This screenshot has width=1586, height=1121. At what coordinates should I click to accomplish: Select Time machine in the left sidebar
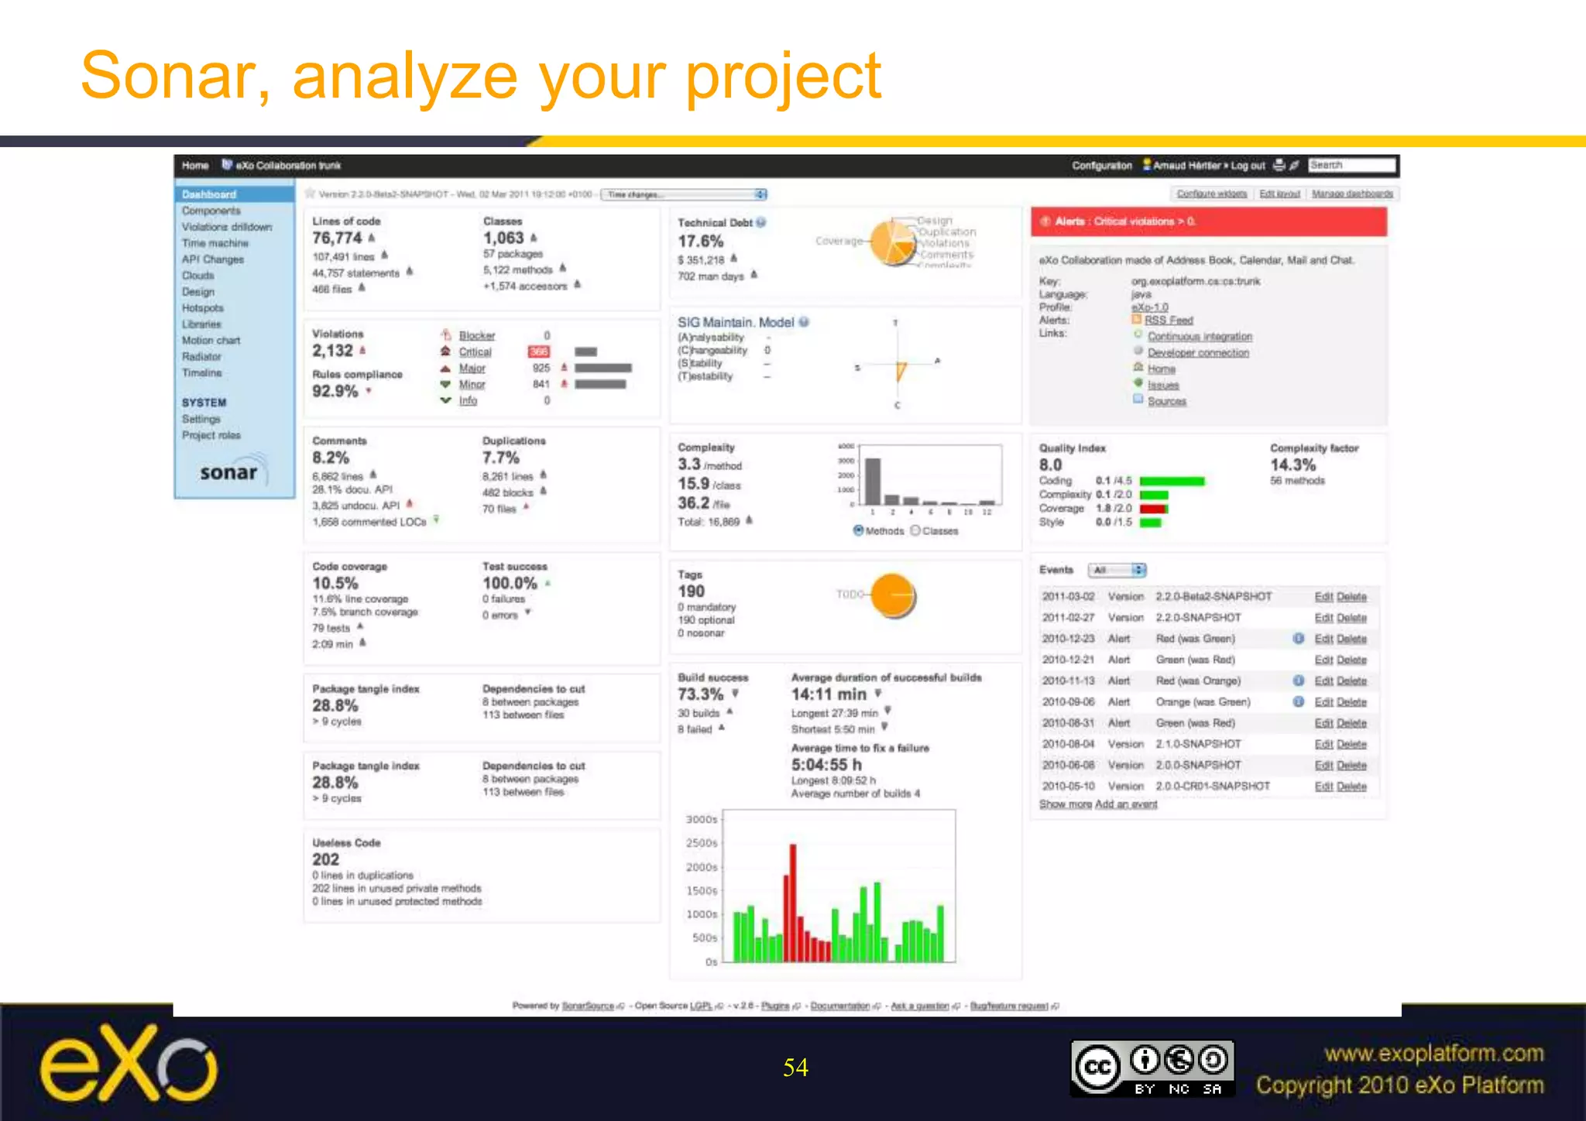pyautogui.click(x=215, y=243)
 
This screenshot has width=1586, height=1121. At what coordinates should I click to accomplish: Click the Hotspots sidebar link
pyautogui.click(x=202, y=308)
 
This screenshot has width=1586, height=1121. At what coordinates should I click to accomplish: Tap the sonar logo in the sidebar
pyautogui.click(x=229, y=472)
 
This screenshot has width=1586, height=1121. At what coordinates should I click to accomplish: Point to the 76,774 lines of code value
pyautogui.click(x=337, y=238)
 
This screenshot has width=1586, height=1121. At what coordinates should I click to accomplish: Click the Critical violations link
pyautogui.click(x=475, y=352)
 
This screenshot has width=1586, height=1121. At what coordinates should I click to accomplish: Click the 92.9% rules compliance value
pyautogui.click(x=335, y=392)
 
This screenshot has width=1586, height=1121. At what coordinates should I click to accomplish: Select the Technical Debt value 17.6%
pyautogui.click(x=700, y=242)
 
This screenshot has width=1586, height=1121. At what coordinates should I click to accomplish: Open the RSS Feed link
pyautogui.click(x=1168, y=321)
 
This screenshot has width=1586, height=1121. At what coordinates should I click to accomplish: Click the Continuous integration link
pyautogui.click(x=1199, y=337)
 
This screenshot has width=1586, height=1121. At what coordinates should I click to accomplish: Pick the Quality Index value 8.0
pyautogui.click(x=1050, y=465)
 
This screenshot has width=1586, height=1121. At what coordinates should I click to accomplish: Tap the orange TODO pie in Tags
pyautogui.click(x=893, y=595)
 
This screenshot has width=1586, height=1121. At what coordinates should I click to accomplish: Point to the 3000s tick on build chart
pyautogui.click(x=702, y=819)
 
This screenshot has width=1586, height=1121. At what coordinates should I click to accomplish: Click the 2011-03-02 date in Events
pyautogui.click(x=1068, y=597)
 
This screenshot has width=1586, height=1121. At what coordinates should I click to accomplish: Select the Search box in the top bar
pyautogui.click(x=1351, y=165)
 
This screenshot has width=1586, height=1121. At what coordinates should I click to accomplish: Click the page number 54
pyautogui.click(x=795, y=1068)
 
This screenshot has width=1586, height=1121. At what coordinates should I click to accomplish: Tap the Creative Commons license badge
pyautogui.click(x=1152, y=1068)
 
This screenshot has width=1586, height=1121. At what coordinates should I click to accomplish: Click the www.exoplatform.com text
pyautogui.click(x=1433, y=1054)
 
